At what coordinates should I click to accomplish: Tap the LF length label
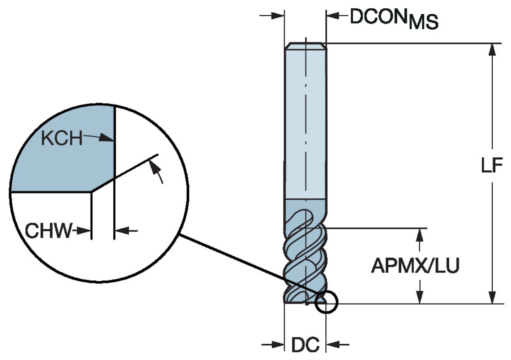[492, 166]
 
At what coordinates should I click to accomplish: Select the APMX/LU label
[415, 266]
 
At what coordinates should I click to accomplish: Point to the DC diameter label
[305, 345]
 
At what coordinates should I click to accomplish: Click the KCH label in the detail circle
[62, 138]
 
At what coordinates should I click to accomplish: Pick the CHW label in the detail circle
[48, 231]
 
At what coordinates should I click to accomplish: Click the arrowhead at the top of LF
[492, 50]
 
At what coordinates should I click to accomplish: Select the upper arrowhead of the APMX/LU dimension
[420, 234]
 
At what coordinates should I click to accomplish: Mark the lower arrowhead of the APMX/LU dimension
[420, 297]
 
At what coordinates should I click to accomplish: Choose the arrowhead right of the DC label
[332, 345]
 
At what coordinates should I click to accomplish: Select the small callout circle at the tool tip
[326, 302]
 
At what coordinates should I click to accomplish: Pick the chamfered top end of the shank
[306, 46]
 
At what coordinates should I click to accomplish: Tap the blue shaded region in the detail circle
[61, 160]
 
